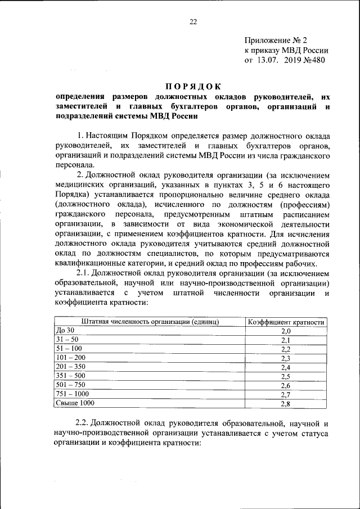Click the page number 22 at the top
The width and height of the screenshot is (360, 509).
[x=193, y=22]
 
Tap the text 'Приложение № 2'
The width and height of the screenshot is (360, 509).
[x=276, y=40]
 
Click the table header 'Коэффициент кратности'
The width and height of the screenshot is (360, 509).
[x=286, y=322]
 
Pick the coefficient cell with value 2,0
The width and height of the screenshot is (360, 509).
[x=286, y=331]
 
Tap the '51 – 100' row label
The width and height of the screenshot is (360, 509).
[x=69, y=349]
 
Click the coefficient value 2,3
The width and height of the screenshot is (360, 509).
[x=286, y=358]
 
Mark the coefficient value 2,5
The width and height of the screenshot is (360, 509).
[x=286, y=376]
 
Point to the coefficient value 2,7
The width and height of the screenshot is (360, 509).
[x=286, y=394]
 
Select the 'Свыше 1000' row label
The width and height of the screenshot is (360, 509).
[x=75, y=403]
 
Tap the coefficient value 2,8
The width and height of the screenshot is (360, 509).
[x=286, y=403]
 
